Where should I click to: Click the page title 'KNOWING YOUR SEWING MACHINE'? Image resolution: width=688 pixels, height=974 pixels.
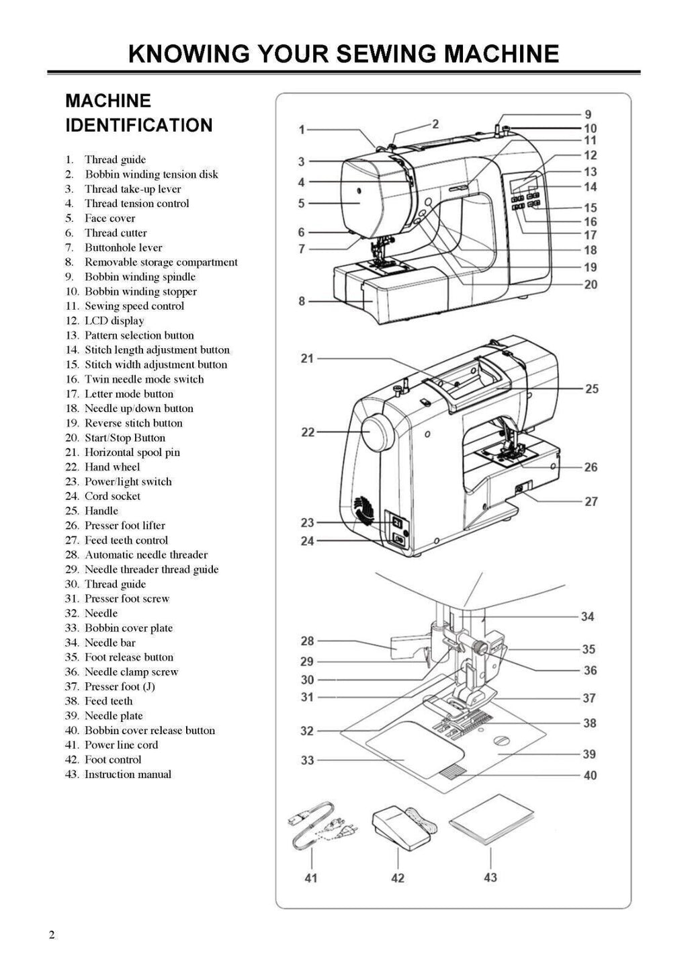(343, 53)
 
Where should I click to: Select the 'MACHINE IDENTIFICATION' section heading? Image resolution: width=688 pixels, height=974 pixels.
(138, 113)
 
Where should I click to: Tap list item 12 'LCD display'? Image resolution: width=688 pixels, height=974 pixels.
(114, 321)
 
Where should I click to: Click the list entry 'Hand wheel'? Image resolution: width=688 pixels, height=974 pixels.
(112, 467)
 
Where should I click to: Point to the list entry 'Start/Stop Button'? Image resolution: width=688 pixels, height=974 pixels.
(124, 438)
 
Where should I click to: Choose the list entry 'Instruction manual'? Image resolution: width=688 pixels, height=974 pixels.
(127, 774)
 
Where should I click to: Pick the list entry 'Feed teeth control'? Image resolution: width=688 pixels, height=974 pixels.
(126, 540)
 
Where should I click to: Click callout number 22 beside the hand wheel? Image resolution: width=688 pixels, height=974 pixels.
(308, 432)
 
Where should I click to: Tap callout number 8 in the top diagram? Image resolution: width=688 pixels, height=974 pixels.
(302, 301)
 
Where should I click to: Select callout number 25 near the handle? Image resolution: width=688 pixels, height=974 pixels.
(591, 389)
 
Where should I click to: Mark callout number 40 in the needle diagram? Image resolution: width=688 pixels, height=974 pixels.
(590, 775)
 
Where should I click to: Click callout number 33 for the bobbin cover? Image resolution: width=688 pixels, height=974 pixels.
(307, 760)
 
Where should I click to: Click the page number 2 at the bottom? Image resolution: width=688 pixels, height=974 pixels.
(52, 936)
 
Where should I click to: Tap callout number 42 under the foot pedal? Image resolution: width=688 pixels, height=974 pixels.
(398, 878)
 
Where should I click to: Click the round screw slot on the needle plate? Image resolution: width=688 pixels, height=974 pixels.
(501, 740)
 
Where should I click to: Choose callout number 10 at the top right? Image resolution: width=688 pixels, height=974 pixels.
(590, 128)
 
